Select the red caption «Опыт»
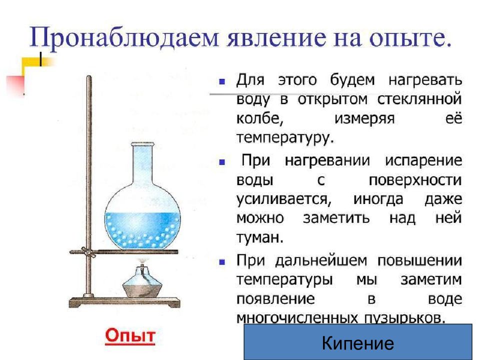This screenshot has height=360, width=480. (x=130, y=335)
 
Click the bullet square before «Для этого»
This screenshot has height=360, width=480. (x=222, y=81)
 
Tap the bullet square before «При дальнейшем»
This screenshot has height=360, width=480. (x=222, y=261)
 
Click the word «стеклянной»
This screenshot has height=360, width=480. (x=425, y=100)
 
